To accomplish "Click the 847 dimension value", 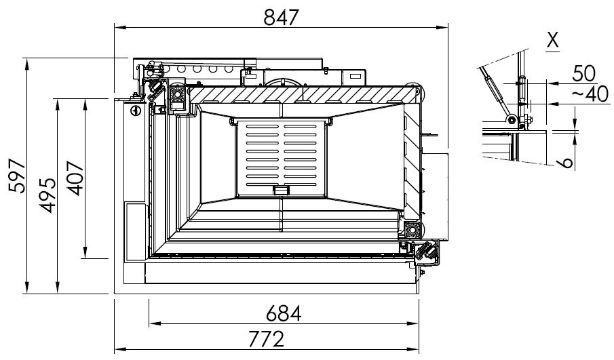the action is (281, 17).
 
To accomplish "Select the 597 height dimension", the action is (17, 176).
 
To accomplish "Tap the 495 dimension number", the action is (48, 195).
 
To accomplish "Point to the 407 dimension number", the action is (75, 178).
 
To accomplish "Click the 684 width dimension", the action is (284, 313).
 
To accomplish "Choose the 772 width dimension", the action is (266, 339).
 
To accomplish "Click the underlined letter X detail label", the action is (552, 41).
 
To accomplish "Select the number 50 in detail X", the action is (584, 73).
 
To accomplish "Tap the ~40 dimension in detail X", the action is (590, 94).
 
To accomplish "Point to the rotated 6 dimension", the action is (567, 163).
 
